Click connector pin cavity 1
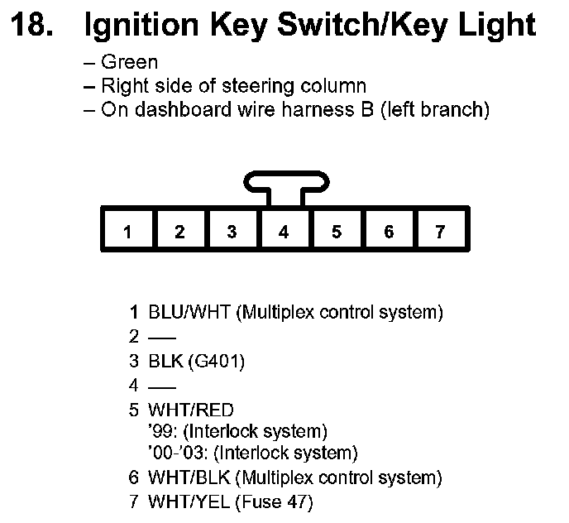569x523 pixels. coord(127,231)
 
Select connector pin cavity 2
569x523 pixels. coord(179,231)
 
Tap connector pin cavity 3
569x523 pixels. coord(232,231)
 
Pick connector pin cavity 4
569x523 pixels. coord(284,231)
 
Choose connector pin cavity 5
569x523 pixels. coord(336,231)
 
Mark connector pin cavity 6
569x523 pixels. coord(389,231)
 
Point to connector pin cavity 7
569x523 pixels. coord(441,231)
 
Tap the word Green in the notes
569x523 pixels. coord(129,63)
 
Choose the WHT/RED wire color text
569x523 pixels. coord(190,409)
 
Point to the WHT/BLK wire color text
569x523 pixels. coord(190,477)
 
